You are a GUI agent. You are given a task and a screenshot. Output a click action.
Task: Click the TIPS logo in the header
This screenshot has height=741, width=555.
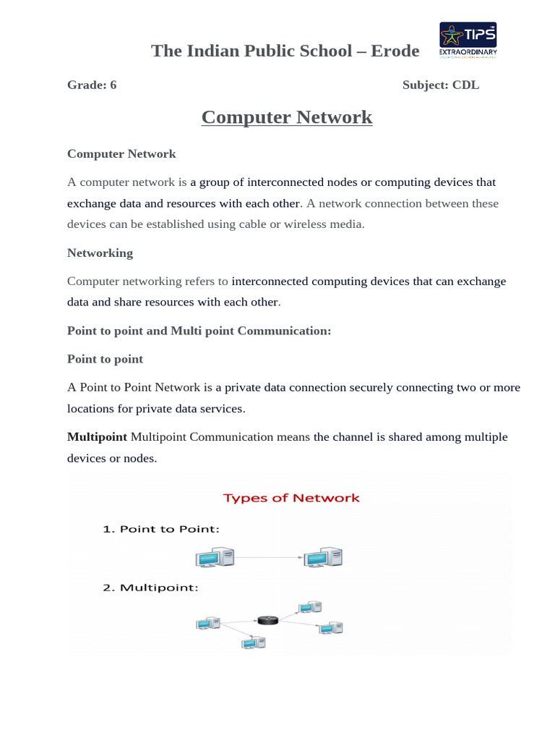click(468, 41)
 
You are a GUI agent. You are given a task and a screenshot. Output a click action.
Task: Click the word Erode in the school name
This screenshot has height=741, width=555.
click(395, 51)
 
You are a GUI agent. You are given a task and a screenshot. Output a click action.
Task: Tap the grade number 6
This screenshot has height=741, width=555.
click(113, 85)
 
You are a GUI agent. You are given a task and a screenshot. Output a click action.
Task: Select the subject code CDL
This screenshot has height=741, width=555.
click(465, 85)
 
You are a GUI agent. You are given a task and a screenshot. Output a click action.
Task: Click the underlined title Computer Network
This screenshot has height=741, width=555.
click(287, 117)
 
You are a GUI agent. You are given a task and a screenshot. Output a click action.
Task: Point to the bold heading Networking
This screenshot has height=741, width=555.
click(100, 253)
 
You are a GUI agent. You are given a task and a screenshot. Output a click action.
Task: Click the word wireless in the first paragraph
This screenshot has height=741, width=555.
click(314, 224)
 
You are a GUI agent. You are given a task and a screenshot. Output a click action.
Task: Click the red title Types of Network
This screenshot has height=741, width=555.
click(291, 498)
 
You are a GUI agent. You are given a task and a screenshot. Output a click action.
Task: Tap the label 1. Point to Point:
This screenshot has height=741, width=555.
click(160, 529)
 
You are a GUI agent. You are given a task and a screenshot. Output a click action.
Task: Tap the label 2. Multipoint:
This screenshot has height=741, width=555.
click(150, 588)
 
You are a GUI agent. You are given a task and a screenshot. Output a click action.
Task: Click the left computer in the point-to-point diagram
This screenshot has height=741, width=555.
click(215, 557)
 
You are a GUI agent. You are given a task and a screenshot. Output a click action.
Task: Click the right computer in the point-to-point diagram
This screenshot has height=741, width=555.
click(323, 557)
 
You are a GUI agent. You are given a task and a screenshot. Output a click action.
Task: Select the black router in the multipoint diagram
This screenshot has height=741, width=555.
click(267, 620)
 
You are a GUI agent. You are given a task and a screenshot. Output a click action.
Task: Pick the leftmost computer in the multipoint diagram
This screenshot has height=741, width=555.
click(209, 622)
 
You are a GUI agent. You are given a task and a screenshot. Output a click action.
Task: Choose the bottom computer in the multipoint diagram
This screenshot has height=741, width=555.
click(254, 642)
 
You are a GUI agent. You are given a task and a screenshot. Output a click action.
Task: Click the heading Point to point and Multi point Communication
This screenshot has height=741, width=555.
click(199, 331)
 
